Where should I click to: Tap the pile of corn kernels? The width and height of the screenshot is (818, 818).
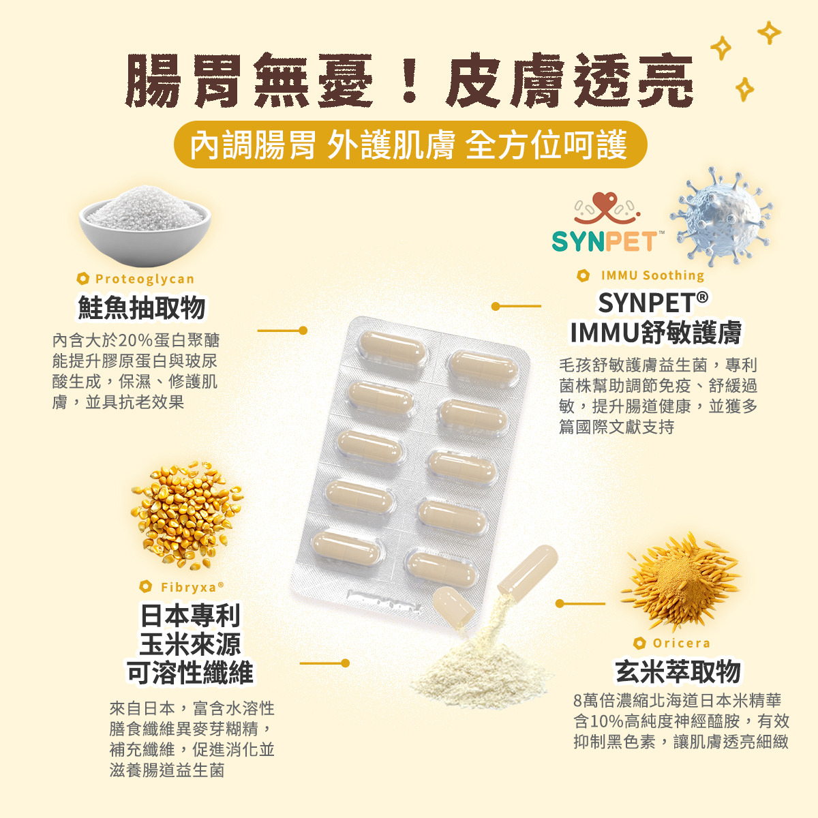pyautogui.click(x=187, y=514)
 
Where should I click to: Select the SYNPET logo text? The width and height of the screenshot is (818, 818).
pyautogui.click(x=605, y=242)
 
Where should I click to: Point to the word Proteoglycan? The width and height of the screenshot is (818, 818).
pyautogui.click(x=145, y=279)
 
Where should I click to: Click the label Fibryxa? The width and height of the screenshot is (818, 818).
pyautogui.click(x=188, y=587)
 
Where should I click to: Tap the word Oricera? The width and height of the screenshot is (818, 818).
pyautogui.click(x=681, y=643)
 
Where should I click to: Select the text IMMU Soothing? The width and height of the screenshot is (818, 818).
pyautogui.click(x=652, y=275)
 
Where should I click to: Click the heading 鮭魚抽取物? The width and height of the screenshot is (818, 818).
pyautogui.click(x=141, y=307)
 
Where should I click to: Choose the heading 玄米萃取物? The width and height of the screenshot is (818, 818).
pyautogui.click(x=678, y=671)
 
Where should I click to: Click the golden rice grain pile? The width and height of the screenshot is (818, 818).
pyautogui.click(x=680, y=581)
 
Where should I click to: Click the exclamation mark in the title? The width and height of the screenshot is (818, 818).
pyautogui.click(x=409, y=80)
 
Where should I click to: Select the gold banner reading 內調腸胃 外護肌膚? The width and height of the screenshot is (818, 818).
pyautogui.click(x=410, y=145)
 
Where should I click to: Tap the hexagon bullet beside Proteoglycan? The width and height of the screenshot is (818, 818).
pyautogui.click(x=82, y=279)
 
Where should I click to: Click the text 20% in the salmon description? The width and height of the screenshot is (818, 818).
pyautogui.click(x=136, y=341)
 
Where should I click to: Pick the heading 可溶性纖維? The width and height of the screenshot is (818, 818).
pyautogui.click(x=191, y=672)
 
